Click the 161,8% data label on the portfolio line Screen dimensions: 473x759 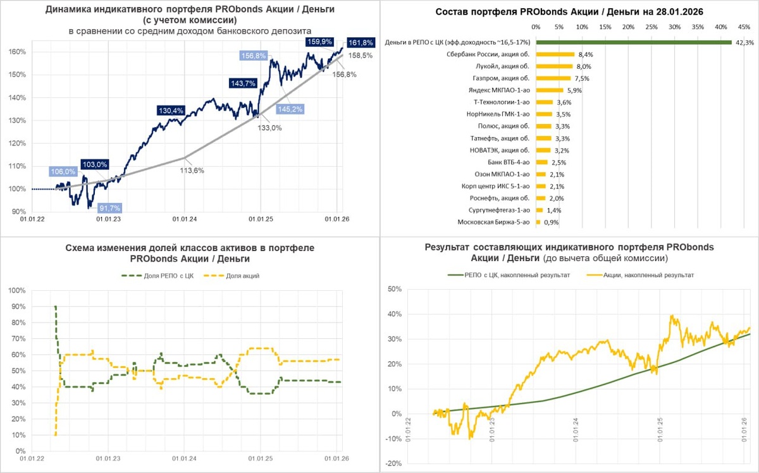(361, 43)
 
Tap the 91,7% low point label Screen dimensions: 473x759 (108, 208)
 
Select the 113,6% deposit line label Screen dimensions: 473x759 (191, 170)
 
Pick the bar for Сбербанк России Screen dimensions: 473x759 (555, 54)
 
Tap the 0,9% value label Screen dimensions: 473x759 (550, 223)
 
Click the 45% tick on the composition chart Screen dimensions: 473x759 (744, 27)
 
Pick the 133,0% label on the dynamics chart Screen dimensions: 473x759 (270, 128)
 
